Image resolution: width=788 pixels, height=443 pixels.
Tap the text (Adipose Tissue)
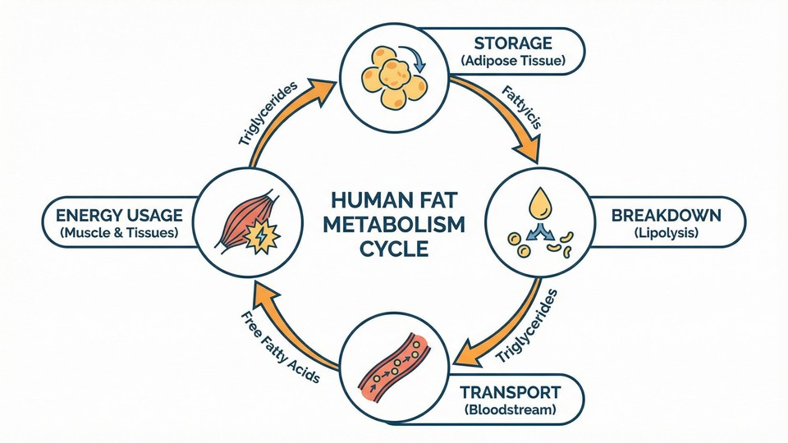[513, 61]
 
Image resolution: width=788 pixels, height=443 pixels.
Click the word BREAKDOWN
[666, 216]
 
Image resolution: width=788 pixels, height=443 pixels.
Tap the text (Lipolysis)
[666, 234]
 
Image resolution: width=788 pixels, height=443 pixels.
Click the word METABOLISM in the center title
[394, 225]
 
